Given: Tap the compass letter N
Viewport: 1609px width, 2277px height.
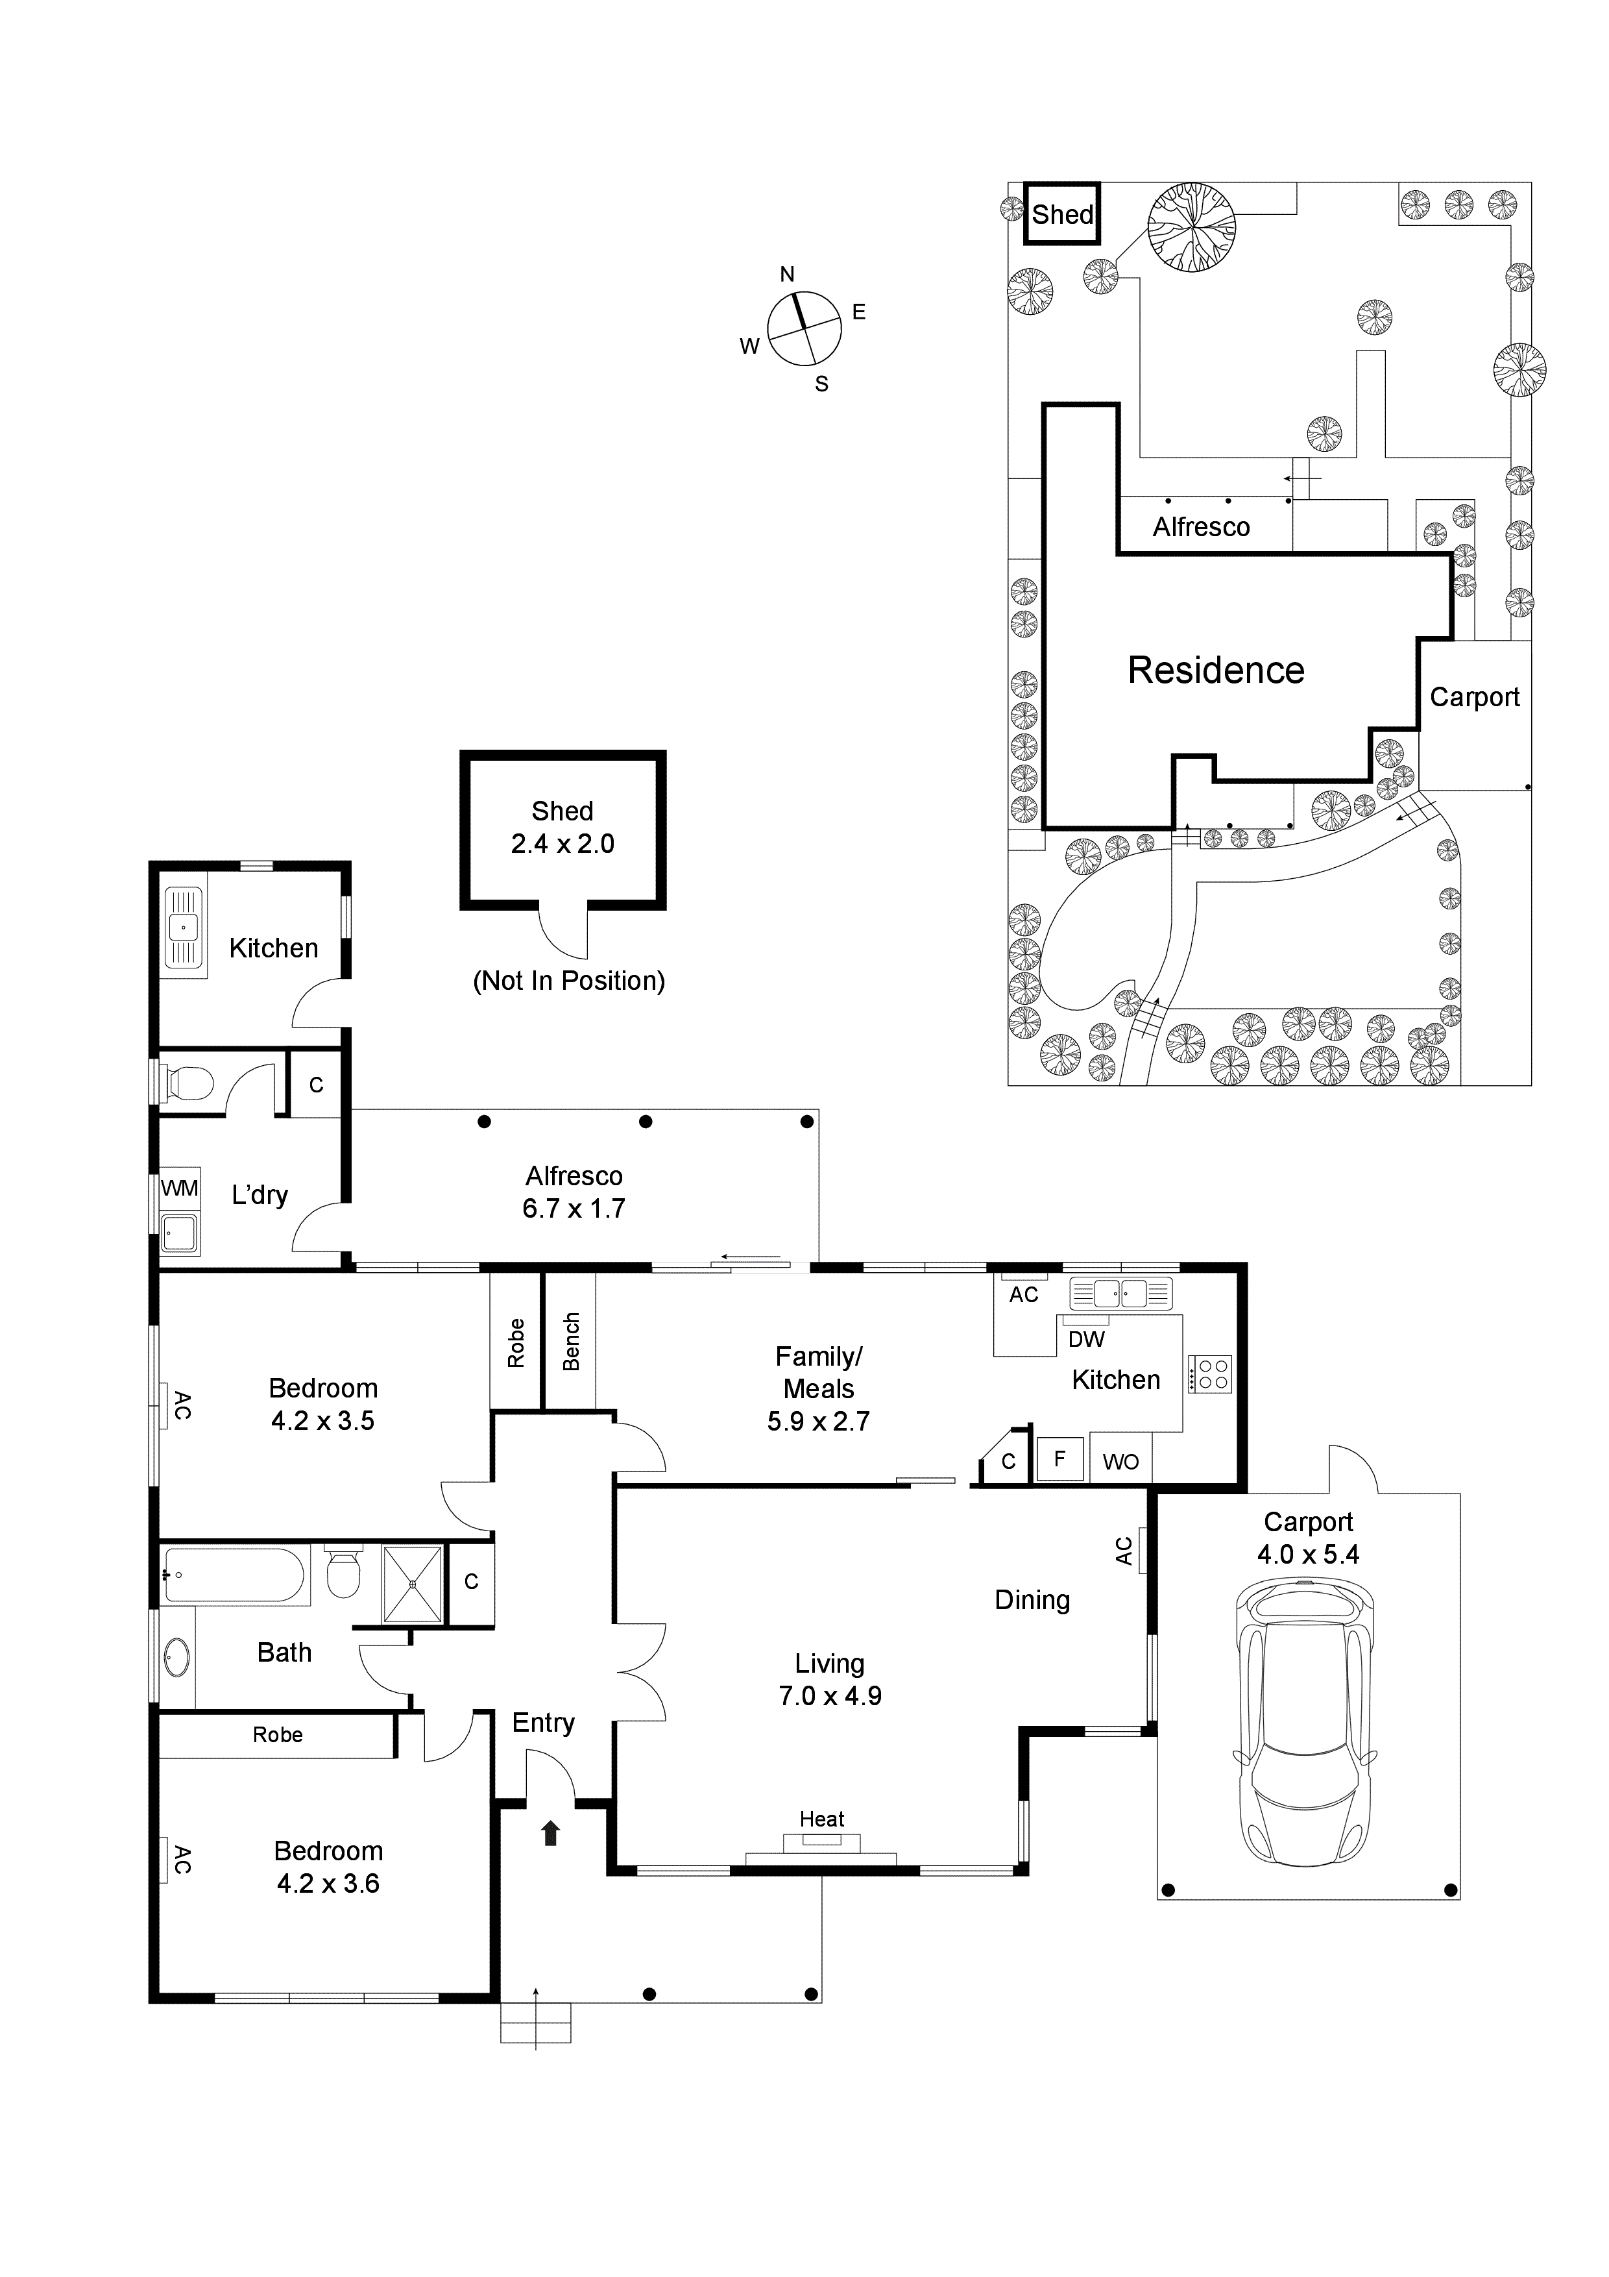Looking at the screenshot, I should pos(787,275).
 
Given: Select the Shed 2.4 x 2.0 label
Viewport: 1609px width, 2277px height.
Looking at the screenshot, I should pos(562,827).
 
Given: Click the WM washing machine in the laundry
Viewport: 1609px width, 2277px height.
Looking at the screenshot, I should pos(180,1188).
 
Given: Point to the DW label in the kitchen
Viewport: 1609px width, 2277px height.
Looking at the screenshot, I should pos(1087,1339).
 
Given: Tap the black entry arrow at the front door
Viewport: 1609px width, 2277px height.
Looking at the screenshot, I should pos(550,1833).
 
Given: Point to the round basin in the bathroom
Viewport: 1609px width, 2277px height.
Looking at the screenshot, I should pos(176,1656).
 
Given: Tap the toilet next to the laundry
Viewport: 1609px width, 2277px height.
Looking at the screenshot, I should pos(189,1083).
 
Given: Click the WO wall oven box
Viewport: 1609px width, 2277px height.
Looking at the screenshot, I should pos(1120,1462).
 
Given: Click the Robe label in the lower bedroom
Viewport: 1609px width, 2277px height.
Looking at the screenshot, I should pos(278,1734).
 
